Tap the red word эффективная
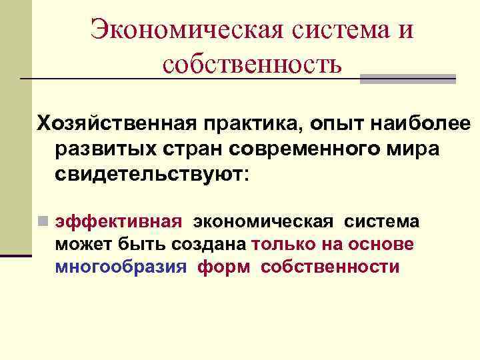118,222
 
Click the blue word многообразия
120,267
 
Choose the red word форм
223,267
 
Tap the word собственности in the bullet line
331,267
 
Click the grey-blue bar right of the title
408,79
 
